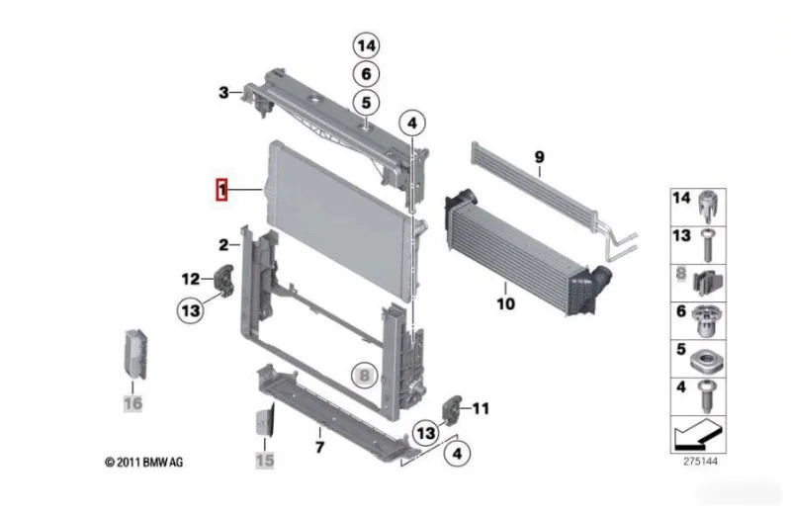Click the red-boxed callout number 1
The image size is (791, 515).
pos(221,190)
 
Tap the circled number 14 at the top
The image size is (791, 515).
pos(366,45)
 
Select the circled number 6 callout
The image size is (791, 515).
pos(366,74)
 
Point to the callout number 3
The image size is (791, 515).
pos(223,93)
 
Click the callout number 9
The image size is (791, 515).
pos(539,157)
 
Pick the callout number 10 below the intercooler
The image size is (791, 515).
pos(506,303)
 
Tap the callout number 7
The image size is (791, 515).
pos(319,447)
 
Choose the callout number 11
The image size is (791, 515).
pos(481,408)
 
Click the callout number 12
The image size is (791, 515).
pos(191,279)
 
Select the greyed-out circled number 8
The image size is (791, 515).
pos(365,375)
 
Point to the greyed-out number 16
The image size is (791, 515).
pos(133,403)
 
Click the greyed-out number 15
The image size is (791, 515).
pos(265,460)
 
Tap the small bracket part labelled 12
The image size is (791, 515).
pos(225,280)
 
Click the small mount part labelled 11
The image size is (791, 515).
pos(452,408)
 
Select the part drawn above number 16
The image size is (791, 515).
pos(135,354)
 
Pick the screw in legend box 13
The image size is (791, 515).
pos(707,245)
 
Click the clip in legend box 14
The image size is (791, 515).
pos(708,207)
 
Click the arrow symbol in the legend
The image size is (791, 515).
pos(699,434)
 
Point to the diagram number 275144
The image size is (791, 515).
pos(700,461)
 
